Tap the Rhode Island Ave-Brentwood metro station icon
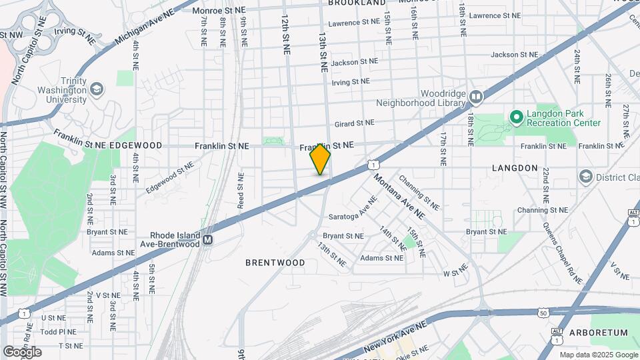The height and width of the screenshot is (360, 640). [x=208, y=239]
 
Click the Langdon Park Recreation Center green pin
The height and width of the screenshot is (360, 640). [x=515, y=117]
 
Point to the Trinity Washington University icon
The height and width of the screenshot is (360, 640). [x=97, y=89]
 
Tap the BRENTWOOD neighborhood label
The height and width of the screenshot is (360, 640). [x=275, y=263]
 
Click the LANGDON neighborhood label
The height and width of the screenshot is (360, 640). [x=515, y=168]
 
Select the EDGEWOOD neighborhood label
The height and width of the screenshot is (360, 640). [x=135, y=145]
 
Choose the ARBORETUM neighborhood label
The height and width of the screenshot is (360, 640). [x=599, y=332]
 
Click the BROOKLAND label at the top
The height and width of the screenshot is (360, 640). [x=357, y=3]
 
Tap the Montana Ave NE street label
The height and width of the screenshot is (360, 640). [x=399, y=197]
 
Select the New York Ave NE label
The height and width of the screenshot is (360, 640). [x=395, y=339]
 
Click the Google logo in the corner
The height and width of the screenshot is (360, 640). [x=22, y=352]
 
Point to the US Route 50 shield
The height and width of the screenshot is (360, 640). [x=543, y=312]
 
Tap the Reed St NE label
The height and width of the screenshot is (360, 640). [x=240, y=190]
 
